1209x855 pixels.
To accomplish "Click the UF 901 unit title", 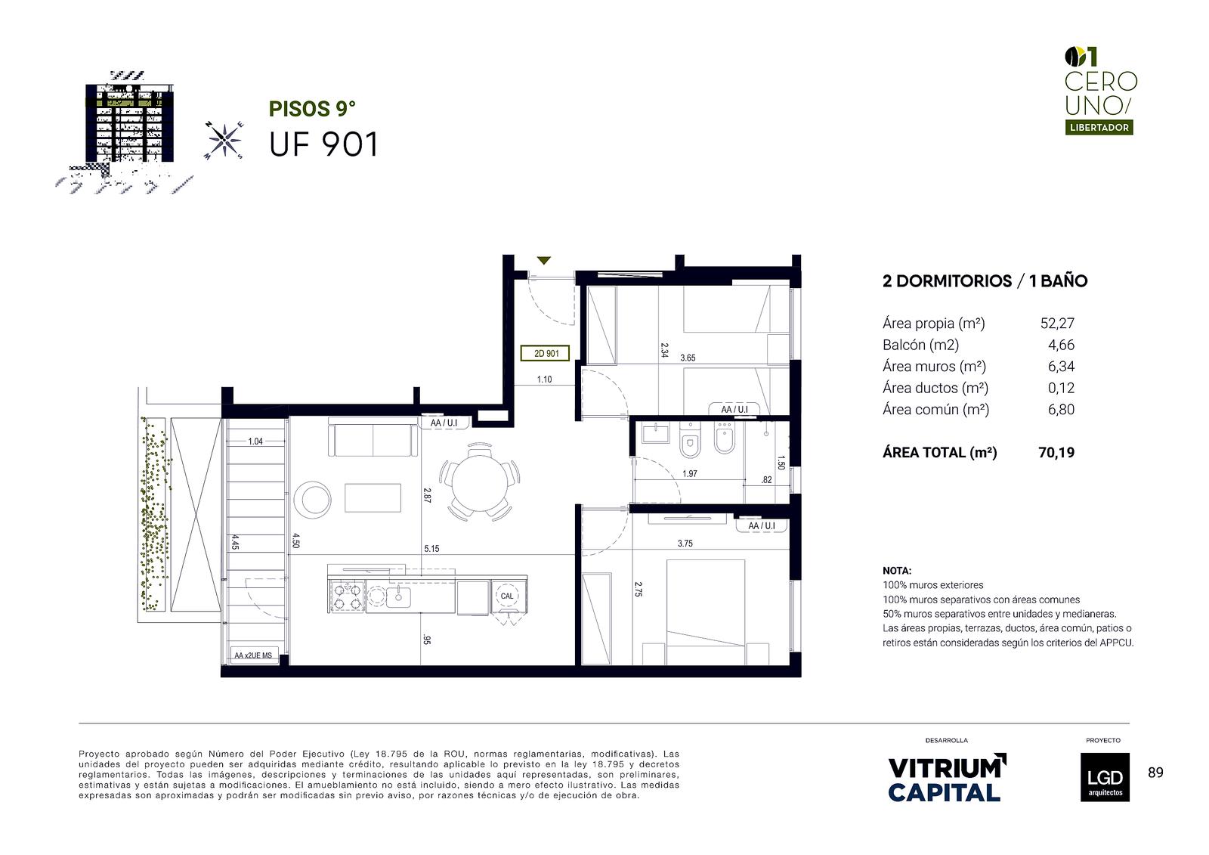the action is [x=324, y=144].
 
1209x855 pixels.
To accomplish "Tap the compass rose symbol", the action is [x=224, y=141].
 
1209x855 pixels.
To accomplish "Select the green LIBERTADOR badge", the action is [x=1099, y=128].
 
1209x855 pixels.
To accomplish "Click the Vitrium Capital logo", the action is [x=947, y=779].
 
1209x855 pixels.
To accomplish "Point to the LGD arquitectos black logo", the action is [x=1105, y=777].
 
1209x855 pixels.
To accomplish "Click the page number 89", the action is [x=1155, y=773].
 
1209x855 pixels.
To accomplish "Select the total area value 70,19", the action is [x=1056, y=453].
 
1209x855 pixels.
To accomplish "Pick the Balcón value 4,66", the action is [x=1061, y=345].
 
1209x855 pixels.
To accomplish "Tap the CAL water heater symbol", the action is [x=507, y=596].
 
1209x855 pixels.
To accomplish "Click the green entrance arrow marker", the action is [x=543, y=261].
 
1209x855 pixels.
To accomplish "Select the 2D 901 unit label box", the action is [x=545, y=354].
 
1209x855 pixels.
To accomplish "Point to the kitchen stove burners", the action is [x=347, y=596].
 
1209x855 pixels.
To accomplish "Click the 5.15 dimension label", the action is [x=431, y=549].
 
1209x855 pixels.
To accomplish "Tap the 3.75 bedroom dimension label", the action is [x=685, y=544].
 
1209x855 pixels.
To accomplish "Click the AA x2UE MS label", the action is [x=253, y=655].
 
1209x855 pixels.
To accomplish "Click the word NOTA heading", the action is [x=896, y=570].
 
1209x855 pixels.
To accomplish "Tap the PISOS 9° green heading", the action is [x=312, y=109].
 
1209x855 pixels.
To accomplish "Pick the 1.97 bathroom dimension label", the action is [x=690, y=474].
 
